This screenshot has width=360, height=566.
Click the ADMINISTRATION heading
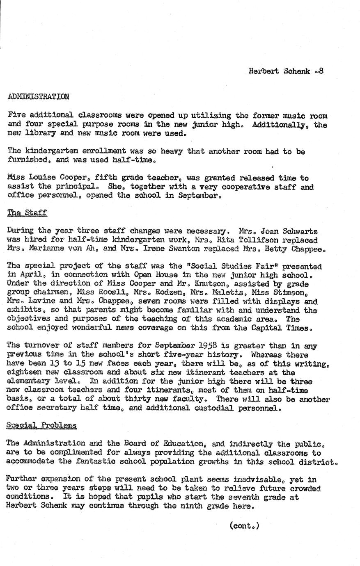pos(38,97)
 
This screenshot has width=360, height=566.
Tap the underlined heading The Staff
pos(27,213)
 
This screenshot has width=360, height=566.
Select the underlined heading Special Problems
pos(41,425)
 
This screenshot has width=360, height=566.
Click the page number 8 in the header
pos(321,71)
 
